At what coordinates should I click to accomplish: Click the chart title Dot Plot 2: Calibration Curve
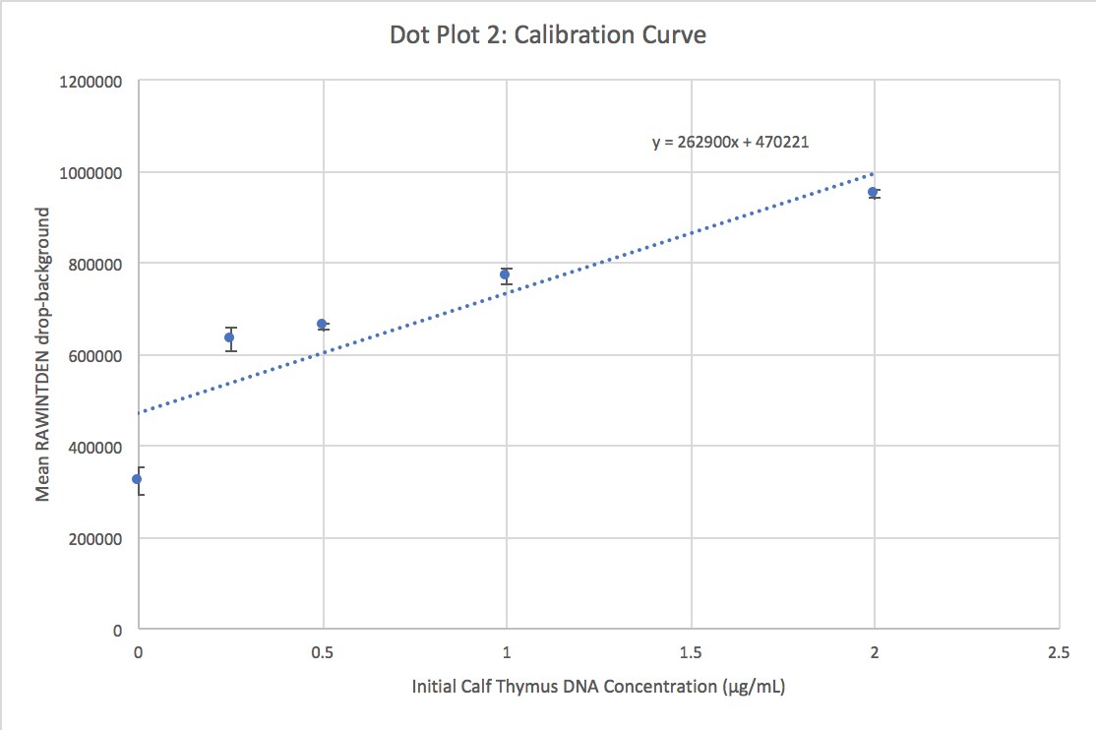(x=548, y=35)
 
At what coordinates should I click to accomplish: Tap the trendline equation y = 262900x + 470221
(x=730, y=142)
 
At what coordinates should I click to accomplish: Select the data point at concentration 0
(x=138, y=479)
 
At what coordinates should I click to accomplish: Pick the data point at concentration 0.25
(x=229, y=337)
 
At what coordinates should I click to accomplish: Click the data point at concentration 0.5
(x=322, y=324)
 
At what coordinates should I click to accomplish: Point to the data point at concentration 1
(x=506, y=274)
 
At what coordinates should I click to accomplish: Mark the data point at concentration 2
(x=873, y=192)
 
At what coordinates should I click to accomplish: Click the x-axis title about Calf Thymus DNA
(x=598, y=687)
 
